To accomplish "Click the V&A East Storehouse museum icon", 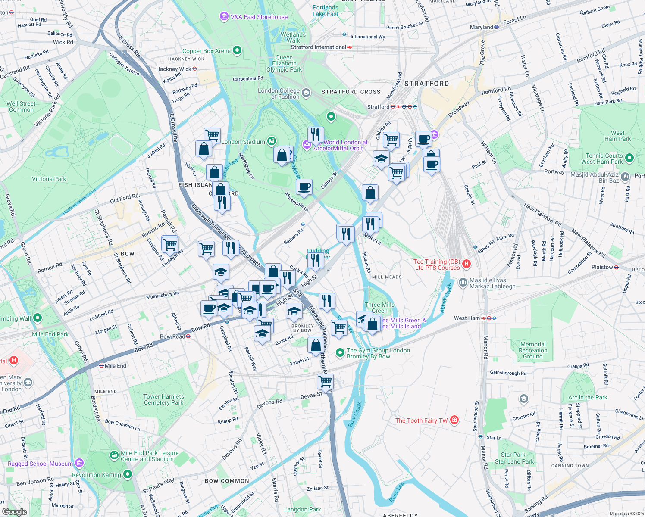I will click(x=224, y=17).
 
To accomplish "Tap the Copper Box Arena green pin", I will click(x=237, y=51).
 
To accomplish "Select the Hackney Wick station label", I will click(x=173, y=69).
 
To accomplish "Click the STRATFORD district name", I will click(x=426, y=84).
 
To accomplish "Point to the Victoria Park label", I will click(x=49, y=179).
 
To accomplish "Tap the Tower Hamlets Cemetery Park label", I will click(x=163, y=399).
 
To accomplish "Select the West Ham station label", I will click(x=467, y=318).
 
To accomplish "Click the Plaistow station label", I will click(x=602, y=267).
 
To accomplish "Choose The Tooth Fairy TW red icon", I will click(x=454, y=420).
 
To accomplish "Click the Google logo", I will click(x=14, y=511).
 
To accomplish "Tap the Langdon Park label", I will click(x=302, y=509).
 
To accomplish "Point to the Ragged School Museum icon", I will click(x=79, y=463).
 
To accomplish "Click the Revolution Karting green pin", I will click(x=127, y=474).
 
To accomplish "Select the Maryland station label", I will click(x=482, y=27).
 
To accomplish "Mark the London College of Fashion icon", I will click(x=306, y=93).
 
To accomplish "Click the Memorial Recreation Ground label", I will click(x=533, y=350).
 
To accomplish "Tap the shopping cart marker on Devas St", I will click(x=325, y=381).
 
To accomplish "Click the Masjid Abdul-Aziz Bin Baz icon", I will click(x=625, y=176).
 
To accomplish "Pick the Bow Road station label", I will click(x=172, y=336).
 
